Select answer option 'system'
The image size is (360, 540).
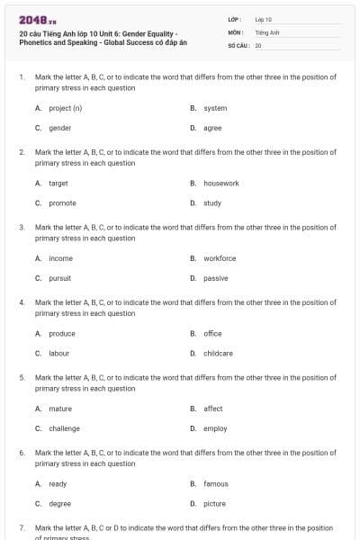[215, 108]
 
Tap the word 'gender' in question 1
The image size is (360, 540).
[59, 128]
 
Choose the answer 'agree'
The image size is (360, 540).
[212, 128]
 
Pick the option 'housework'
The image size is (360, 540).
[220, 183]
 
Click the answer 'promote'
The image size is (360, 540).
[62, 203]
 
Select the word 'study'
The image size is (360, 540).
[212, 203]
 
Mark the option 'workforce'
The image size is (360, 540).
[220, 258]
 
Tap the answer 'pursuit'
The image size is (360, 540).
[59, 278]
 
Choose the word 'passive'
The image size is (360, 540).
[215, 278]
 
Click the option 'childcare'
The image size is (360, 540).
[218, 354]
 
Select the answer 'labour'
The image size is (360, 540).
[58, 354]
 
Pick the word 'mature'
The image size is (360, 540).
[59, 409]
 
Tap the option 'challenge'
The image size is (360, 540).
[64, 428]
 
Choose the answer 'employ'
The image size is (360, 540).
[215, 428]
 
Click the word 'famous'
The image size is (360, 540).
[216, 483]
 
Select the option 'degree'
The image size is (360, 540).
[59, 504]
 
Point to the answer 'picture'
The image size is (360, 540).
[214, 504]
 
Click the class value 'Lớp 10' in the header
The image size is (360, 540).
[263, 19]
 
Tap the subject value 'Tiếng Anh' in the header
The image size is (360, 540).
[267, 31]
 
